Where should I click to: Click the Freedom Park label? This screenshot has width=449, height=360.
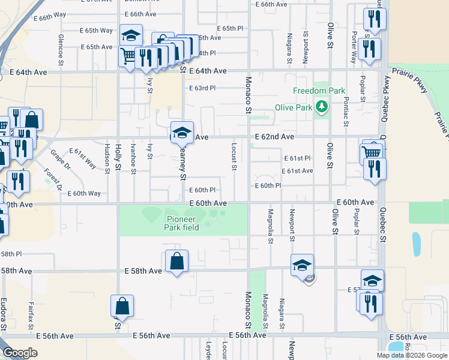tap(319, 91)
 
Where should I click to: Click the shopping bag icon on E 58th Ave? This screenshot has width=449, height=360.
tap(176, 262)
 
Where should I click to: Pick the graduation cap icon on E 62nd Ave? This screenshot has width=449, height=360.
tap(182, 133)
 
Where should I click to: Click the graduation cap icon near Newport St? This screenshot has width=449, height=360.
tap(302, 265)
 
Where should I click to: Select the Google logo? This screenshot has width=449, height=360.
tap(20, 353)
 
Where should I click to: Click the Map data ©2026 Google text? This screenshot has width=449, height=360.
tap(411, 355)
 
